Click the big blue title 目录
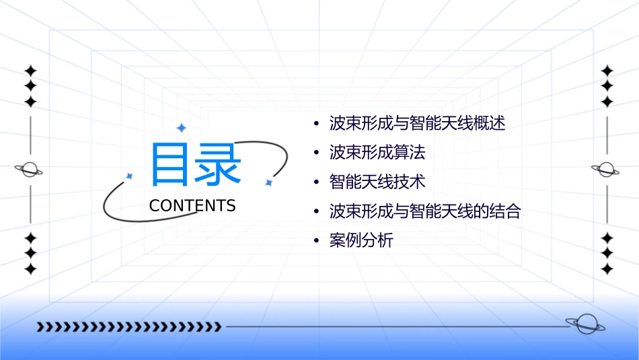coord(195,164)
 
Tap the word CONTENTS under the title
coord(192,206)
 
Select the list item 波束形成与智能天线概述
coord(417,124)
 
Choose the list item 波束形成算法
coord(377,153)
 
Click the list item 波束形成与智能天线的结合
coord(425,211)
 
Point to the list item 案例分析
coord(361,241)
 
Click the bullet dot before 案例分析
coord(316,241)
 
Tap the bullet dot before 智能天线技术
coord(316,182)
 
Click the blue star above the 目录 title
coord(181,127)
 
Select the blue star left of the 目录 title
coord(129,176)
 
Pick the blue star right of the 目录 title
coord(268,182)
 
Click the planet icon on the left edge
coord(30,170)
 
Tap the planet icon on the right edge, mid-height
coord(607,170)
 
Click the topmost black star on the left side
coord(30,70)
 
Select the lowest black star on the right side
coord(607,269)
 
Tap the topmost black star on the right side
coord(607,70)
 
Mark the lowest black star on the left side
coord(30,269)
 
